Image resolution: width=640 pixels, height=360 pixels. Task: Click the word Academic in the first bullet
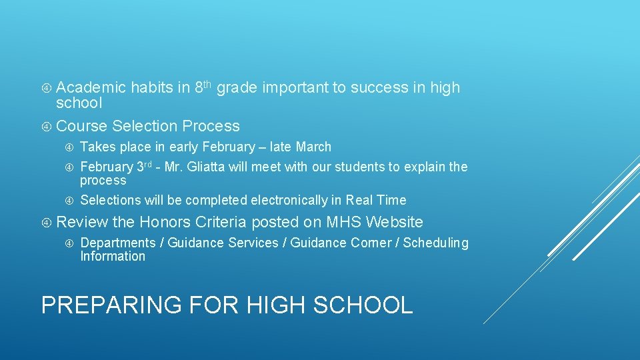coord(91,87)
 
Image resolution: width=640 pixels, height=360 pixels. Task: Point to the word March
coord(313,147)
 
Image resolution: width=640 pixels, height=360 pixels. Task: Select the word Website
coord(395,222)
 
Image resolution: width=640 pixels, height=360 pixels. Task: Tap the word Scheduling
coord(436,243)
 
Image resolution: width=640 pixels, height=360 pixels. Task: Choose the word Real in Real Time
coord(360,200)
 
